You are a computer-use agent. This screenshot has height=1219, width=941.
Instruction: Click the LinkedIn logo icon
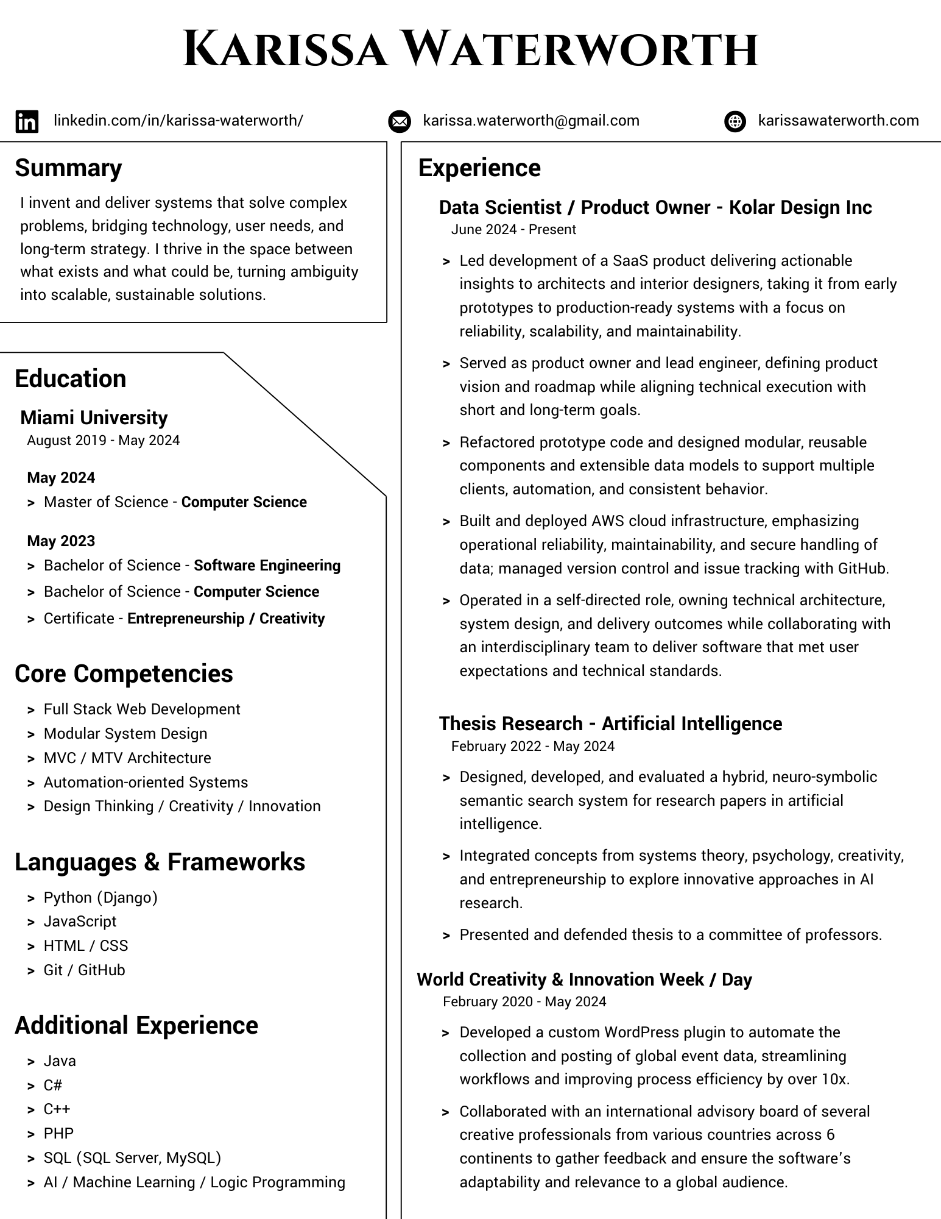click(x=27, y=121)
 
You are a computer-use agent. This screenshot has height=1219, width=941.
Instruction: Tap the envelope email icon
click(x=399, y=121)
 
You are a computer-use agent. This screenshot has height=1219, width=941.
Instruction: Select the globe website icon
click(x=735, y=121)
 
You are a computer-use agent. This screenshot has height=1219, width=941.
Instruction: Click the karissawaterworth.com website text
click(x=838, y=121)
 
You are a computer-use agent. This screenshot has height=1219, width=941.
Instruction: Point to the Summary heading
click(x=68, y=168)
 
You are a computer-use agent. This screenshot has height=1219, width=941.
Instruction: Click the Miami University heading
click(x=94, y=418)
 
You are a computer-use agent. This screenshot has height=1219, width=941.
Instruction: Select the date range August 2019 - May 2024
click(x=104, y=441)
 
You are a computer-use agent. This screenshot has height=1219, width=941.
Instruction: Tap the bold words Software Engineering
click(x=267, y=566)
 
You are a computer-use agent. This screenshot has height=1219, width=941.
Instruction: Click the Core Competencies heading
click(x=124, y=674)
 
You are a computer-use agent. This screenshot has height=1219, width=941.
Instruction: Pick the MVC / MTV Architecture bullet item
click(x=127, y=758)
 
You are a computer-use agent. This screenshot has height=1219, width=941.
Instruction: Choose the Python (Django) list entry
click(x=100, y=898)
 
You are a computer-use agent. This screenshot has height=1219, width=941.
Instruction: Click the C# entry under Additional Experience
click(x=53, y=1086)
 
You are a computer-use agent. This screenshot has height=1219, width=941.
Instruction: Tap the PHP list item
click(x=58, y=1134)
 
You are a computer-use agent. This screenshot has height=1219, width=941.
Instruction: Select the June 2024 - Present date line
click(x=513, y=230)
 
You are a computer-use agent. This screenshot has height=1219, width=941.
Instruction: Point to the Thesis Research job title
click(x=610, y=723)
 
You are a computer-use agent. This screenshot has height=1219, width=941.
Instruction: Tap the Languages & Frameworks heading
click(x=160, y=862)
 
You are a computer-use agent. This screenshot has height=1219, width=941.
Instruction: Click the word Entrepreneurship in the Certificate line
click(x=186, y=619)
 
